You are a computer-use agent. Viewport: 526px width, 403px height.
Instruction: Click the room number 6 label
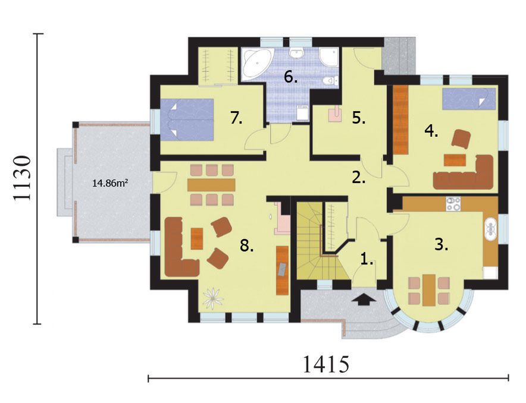coord(290,77)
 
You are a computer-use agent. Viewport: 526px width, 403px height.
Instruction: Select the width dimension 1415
coord(325,364)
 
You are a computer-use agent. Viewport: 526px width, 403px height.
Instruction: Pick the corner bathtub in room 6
coord(256,62)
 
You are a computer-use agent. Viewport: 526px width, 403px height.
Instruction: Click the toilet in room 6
coord(330,81)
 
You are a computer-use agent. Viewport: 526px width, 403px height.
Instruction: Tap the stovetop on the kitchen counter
coord(453,204)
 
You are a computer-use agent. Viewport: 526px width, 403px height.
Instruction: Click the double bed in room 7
coord(187,119)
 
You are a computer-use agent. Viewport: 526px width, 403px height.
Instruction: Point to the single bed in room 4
coord(469,99)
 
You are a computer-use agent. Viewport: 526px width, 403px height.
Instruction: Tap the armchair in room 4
coord(462,138)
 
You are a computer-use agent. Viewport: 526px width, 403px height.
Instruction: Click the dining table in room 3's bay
coord(429,290)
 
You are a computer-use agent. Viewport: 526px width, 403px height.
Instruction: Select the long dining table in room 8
coord(211,185)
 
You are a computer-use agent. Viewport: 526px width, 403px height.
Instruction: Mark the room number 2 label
coord(359,178)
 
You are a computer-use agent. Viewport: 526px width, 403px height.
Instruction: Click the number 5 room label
coord(359,118)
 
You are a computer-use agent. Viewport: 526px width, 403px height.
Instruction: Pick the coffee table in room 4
coord(455,160)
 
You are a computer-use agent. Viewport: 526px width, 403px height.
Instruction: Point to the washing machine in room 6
coord(303,112)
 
